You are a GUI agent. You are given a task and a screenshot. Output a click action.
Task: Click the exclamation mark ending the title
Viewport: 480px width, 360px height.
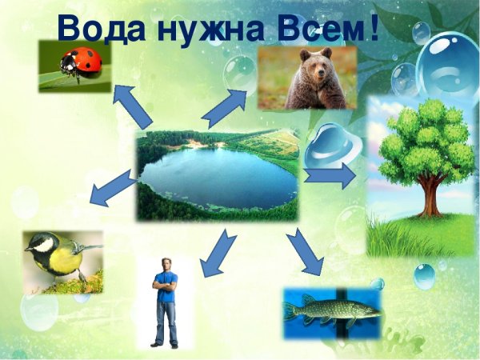click(372, 28)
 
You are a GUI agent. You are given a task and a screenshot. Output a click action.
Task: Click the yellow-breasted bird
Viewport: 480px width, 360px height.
click(56, 256)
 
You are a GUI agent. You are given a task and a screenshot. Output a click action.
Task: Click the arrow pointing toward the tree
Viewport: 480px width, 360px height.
click(330, 174)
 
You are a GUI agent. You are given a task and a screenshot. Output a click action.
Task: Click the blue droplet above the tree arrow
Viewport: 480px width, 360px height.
click(330, 144)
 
